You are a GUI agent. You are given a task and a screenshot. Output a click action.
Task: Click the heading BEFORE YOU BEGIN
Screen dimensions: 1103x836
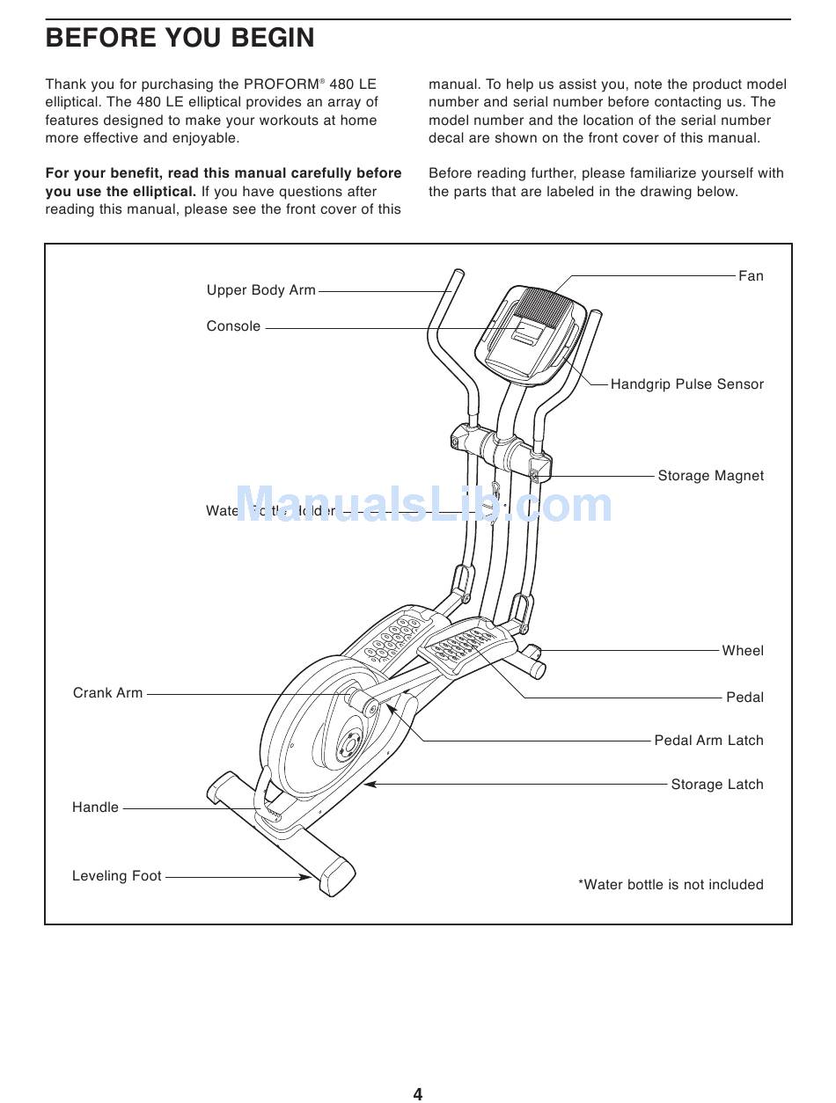(x=180, y=38)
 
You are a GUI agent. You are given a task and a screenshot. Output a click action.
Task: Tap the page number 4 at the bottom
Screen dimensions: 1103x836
(x=418, y=1094)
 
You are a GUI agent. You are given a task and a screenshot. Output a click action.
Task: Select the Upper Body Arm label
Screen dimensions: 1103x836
(x=260, y=290)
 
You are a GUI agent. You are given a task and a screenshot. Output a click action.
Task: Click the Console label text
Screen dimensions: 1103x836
(x=233, y=326)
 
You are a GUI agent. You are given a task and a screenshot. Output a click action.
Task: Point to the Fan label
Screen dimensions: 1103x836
(x=751, y=276)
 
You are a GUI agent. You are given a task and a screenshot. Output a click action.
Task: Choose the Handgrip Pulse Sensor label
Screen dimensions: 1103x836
(x=686, y=384)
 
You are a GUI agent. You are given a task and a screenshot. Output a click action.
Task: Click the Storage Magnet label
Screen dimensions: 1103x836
(x=710, y=476)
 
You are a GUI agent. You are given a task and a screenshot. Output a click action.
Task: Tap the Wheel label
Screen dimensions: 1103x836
(x=743, y=651)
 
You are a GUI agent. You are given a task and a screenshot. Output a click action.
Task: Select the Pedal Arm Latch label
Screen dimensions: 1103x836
(x=708, y=741)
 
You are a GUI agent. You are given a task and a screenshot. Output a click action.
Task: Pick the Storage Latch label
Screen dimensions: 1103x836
(x=717, y=785)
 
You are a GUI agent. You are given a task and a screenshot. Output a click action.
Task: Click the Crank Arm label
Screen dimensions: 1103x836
(x=107, y=693)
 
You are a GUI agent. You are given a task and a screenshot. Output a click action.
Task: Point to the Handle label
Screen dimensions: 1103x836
(x=95, y=807)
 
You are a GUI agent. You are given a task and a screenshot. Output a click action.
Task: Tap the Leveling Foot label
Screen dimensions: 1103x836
(x=117, y=876)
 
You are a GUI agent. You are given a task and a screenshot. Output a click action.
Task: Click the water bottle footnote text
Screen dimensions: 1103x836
(x=671, y=885)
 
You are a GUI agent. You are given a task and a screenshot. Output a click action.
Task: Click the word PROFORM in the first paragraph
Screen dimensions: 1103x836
(x=281, y=84)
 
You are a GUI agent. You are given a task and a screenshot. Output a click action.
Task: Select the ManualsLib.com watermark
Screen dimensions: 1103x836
(x=423, y=506)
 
